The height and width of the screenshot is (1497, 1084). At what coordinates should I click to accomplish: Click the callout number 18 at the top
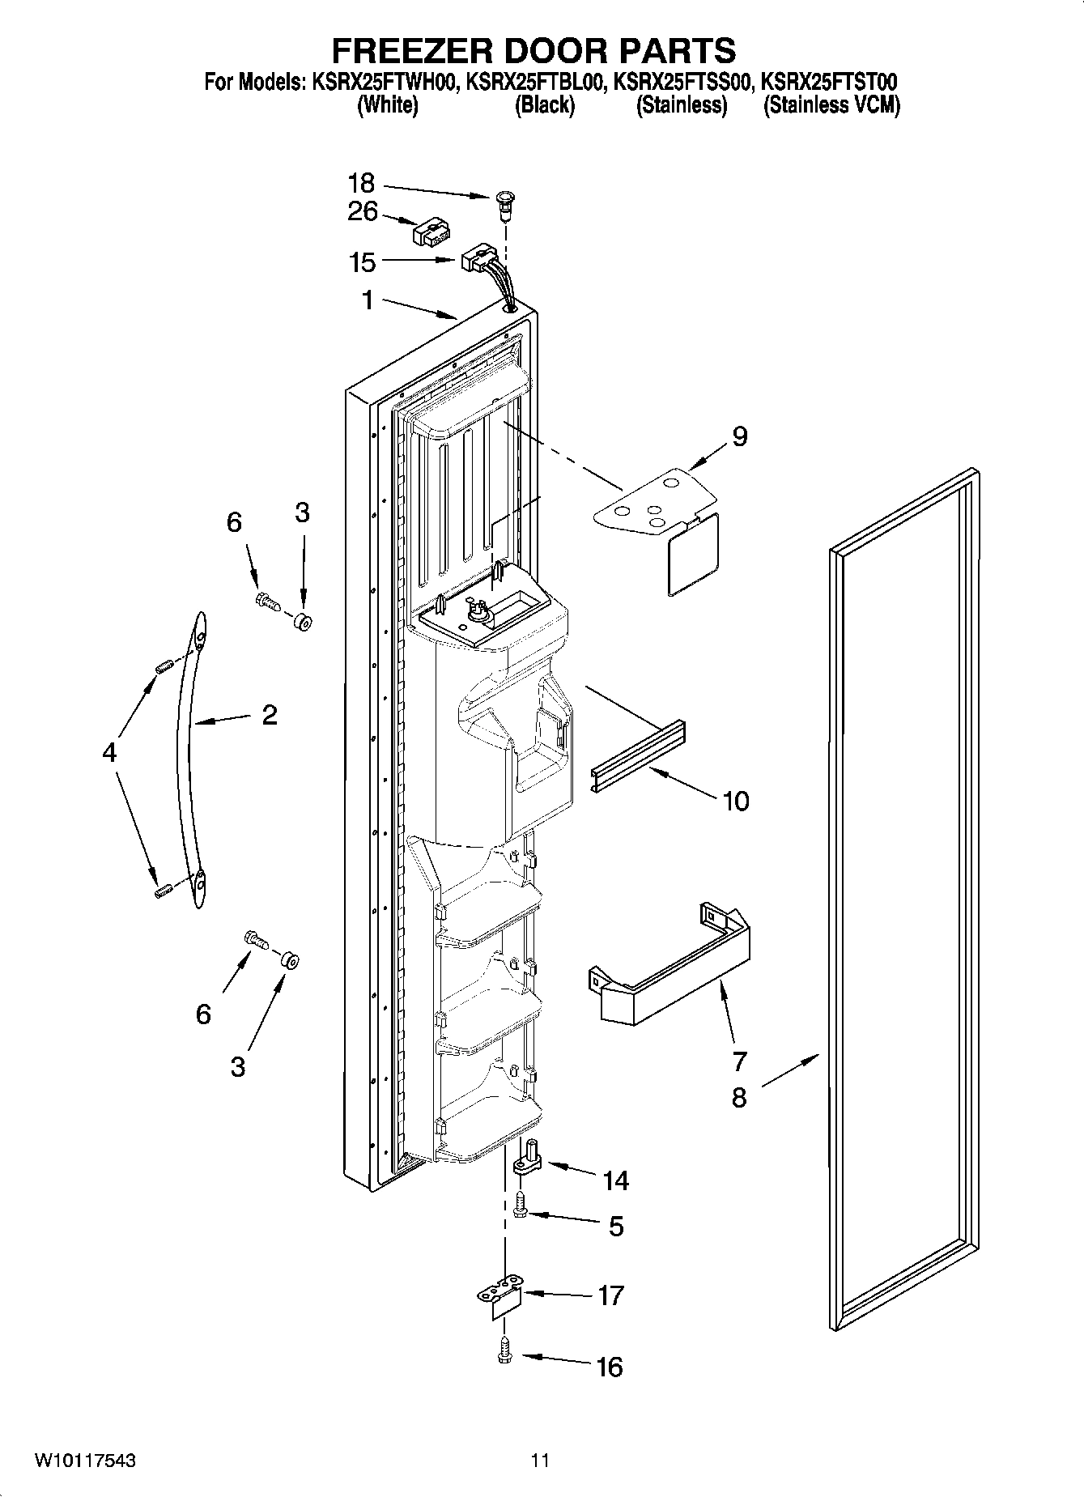[x=361, y=184]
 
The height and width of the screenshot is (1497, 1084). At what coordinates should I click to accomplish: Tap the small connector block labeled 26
[x=430, y=234]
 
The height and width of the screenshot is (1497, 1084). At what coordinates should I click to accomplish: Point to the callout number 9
[x=739, y=437]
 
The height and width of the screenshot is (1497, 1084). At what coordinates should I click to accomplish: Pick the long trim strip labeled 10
[x=638, y=755]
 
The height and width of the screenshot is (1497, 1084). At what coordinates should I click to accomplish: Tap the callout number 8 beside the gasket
[x=738, y=1098]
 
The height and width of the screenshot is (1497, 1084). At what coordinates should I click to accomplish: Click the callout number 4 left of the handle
[x=109, y=753]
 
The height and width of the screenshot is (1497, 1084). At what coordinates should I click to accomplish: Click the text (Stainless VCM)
[x=831, y=105]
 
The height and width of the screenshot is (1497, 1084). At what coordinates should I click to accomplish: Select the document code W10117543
[x=84, y=1461]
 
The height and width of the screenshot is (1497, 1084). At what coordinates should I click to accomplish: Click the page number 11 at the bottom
[x=540, y=1461]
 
